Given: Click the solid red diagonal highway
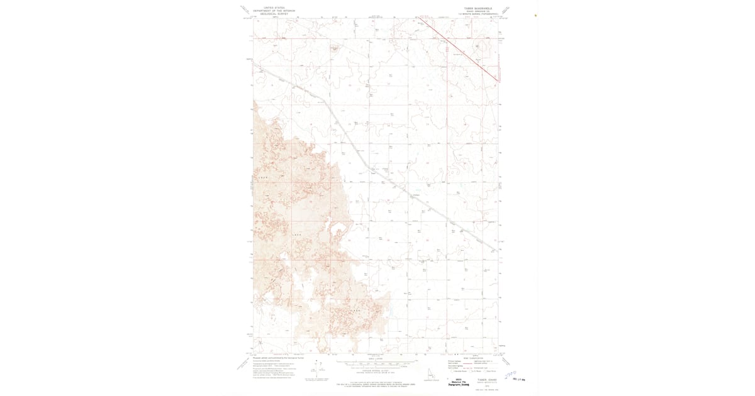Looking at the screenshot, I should click(x=459, y=51).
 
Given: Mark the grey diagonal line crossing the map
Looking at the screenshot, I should click(x=377, y=170).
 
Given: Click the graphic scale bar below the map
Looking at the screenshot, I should click(x=376, y=365).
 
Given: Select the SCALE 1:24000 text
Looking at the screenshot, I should click(x=376, y=360).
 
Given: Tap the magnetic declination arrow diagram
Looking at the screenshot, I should click(x=313, y=371).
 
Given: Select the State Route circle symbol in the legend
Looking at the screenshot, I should click(x=486, y=371).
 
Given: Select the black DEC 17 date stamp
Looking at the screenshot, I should click(x=519, y=379).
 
